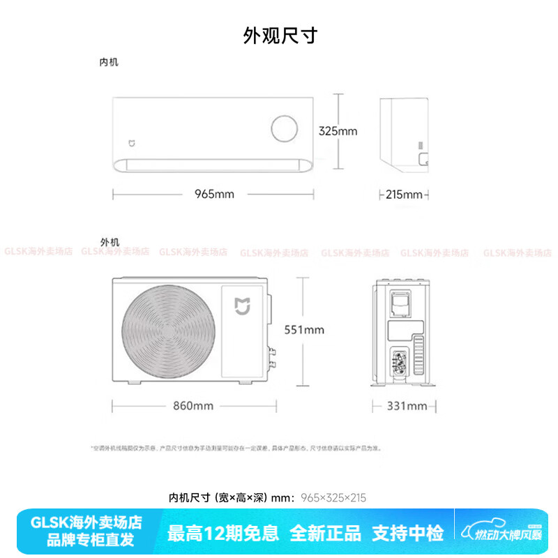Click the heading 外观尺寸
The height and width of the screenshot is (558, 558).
(280, 36)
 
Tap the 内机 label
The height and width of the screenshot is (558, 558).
(109, 63)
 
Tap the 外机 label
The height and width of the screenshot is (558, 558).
(110, 242)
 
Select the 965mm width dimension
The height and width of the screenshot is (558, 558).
(214, 194)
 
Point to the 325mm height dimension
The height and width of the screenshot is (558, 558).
(338, 130)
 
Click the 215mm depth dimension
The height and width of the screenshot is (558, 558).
(404, 195)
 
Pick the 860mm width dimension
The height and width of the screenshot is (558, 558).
(193, 405)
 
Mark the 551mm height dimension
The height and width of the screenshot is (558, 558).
(304, 329)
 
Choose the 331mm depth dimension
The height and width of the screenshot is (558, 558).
(407, 406)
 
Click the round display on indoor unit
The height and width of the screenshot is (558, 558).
(285, 129)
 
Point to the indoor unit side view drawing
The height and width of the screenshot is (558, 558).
(407, 133)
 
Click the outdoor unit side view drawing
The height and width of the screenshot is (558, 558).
(402, 333)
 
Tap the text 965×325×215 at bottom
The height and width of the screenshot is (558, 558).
(333, 497)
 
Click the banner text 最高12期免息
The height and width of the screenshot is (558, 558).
(223, 534)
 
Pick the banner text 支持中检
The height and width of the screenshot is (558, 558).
(407, 534)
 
